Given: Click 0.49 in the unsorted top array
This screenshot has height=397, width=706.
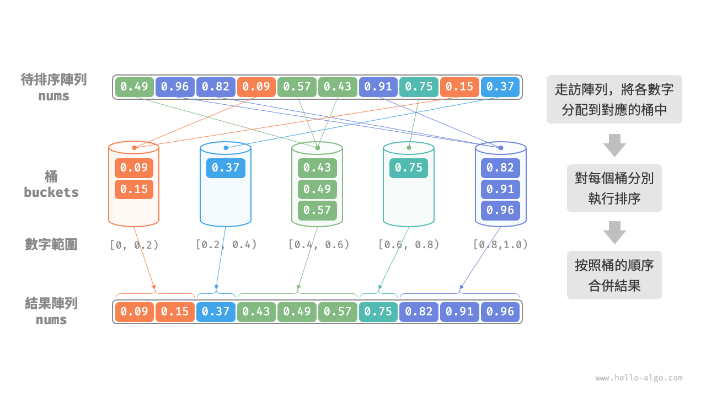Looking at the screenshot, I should (134, 87).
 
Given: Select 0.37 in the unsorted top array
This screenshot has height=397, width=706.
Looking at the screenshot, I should (500, 87).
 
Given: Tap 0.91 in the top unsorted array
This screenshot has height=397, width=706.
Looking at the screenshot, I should (378, 87).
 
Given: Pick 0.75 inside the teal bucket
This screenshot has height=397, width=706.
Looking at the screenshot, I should (409, 168).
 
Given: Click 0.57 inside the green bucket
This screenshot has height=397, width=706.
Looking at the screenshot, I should (317, 210).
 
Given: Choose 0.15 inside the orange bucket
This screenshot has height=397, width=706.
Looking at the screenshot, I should (134, 189).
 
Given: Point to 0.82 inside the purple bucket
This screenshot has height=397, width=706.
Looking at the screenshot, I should (500, 168).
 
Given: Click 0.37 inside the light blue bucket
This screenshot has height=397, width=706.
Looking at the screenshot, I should (226, 168).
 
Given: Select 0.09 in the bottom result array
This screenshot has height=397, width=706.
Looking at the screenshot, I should (134, 312).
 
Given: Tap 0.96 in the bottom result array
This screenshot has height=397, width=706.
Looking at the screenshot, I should (500, 312).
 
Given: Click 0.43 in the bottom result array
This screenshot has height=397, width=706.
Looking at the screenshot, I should (256, 312).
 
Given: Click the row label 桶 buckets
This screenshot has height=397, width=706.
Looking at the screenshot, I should (51, 184).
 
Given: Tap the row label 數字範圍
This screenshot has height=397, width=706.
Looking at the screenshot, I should (51, 244).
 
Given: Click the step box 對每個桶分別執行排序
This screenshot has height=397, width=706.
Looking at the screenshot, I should (614, 188).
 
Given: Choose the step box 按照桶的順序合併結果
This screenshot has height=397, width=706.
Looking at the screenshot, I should (614, 275).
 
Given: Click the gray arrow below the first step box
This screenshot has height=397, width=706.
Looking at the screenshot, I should (614, 145).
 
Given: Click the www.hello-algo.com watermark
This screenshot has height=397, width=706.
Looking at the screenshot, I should (639, 378).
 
